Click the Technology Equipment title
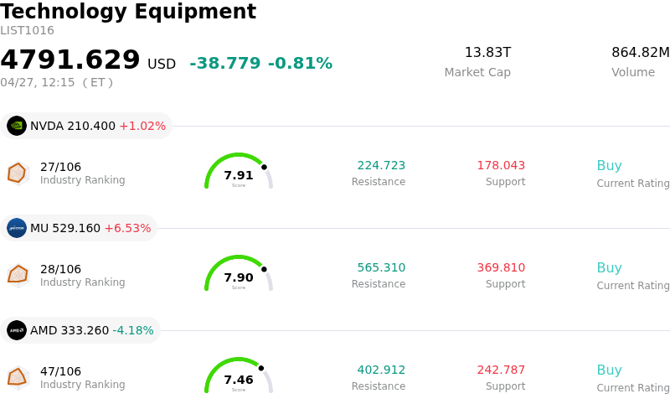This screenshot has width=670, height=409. pos(128,12)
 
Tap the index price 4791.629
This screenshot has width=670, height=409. pos(70,60)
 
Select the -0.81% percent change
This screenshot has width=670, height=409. pos(300,64)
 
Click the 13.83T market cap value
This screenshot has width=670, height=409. pos(487,53)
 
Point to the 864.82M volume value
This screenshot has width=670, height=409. pos(640,53)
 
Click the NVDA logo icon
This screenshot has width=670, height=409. pos(17,126)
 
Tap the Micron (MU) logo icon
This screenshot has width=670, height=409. pos(17,228)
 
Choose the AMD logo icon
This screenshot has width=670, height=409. pos(17,330)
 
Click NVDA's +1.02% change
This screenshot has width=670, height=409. pos(142,127)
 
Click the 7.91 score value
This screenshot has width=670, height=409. pos(239,176)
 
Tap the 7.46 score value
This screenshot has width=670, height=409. pos(239,381)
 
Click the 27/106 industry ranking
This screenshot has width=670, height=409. pos(60,167)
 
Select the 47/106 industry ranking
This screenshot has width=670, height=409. pos(60,371)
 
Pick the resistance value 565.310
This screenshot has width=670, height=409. pos(381,268)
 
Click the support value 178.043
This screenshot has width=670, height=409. pos(501,166)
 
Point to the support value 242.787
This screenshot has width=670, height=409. pos(501,370)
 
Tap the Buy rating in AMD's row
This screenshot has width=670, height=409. pos(609,370)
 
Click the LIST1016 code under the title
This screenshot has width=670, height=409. pos(28,31)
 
